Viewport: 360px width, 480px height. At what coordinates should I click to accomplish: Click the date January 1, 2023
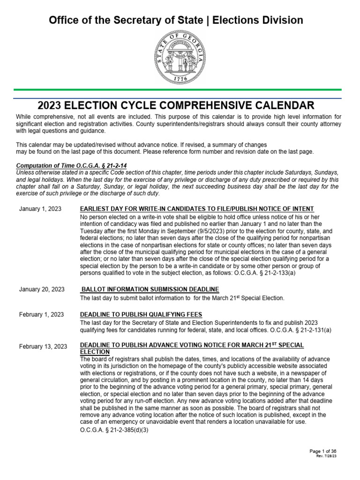coord(41,209)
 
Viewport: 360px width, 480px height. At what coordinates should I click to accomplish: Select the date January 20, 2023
coord(42,289)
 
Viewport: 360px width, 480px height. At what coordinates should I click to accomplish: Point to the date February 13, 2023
coord(43,346)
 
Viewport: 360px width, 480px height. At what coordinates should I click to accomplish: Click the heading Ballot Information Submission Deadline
coord(150,289)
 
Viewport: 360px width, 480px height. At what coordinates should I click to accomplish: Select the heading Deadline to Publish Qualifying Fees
coord(141,314)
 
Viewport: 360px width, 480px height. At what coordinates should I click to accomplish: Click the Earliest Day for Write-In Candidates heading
coord(197,209)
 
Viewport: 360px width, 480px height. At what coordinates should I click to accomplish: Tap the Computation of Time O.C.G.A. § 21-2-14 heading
coord(71,165)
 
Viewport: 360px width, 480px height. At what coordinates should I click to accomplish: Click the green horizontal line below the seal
coord(180,89)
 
